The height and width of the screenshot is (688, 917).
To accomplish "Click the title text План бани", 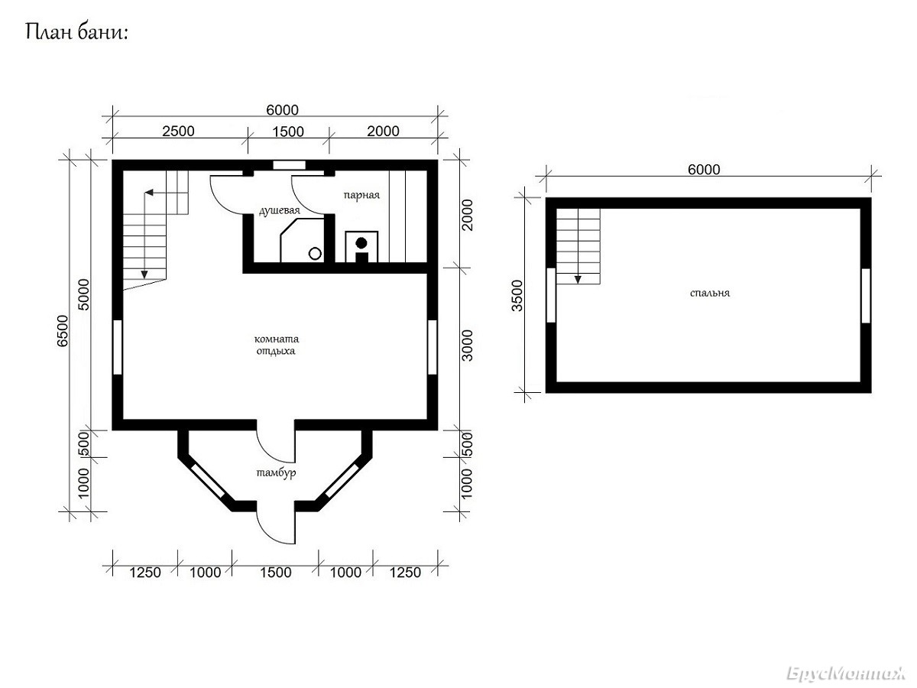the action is point(76,33).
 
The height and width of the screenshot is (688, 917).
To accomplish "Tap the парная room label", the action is point(361,195).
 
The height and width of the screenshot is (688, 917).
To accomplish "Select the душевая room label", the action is point(280,210).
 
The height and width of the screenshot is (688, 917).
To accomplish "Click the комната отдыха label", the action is point(276,345).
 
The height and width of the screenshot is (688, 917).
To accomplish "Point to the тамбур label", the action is point(276,472).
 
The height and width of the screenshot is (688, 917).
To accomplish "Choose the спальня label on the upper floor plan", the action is point(710,293).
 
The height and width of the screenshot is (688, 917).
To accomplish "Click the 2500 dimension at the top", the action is point(178,131).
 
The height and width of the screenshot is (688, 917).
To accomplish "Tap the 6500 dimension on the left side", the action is point(62,331).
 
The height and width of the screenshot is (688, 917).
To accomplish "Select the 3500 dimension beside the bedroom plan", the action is point(517,296).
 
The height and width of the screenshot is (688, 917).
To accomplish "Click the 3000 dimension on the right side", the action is point(467,346).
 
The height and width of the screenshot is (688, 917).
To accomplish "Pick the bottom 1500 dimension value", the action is point(276,573).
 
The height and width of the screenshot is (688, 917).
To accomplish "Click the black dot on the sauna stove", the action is point(361,242).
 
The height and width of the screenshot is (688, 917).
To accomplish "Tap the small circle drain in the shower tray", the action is point(315,253).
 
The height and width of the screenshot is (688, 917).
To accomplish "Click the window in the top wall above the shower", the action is point(289,165).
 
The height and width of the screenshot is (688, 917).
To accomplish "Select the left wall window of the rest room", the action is point(118,347).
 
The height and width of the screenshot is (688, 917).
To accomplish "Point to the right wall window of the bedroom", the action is point(866,295).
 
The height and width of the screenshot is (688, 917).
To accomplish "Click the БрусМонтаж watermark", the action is point(846,674).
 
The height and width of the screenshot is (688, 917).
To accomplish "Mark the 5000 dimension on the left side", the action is point(84,294).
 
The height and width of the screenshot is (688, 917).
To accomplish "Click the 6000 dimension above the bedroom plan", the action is point(704,170).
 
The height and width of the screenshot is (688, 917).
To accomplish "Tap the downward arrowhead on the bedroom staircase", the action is point(578,280).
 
